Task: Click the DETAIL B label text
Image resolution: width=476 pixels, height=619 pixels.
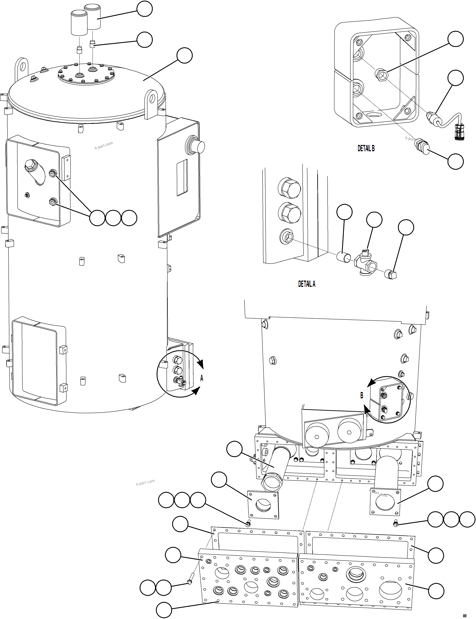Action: pyautogui.click(x=366, y=148)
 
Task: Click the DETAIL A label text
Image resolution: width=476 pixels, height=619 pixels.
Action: pyautogui.click(x=307, y=284)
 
